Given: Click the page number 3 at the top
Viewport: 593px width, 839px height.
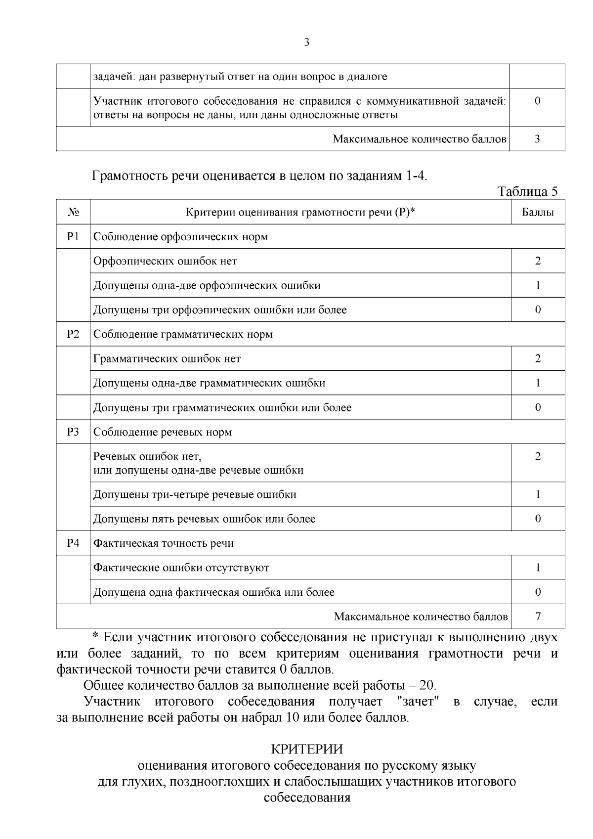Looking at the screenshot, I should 306,43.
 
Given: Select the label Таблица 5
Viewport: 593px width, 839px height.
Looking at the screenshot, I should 527,192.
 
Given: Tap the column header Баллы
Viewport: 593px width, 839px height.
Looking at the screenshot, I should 538,213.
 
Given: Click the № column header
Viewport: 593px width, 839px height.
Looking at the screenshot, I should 73,213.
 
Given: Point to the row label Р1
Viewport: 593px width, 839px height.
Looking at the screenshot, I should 73,236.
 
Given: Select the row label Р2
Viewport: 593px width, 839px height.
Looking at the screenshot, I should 73,334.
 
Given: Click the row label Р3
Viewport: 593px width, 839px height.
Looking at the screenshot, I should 73,432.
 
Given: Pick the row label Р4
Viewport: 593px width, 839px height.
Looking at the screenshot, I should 73,543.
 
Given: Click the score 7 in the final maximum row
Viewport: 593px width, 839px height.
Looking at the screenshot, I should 538,617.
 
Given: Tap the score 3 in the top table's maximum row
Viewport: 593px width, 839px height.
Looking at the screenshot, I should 538,139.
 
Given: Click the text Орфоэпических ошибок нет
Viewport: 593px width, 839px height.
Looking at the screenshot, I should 165,261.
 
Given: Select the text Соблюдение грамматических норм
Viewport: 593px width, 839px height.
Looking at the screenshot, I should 183,334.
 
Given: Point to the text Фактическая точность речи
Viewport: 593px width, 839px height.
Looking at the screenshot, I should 164,543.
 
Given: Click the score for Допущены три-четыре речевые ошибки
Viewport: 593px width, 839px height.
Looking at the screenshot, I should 538,494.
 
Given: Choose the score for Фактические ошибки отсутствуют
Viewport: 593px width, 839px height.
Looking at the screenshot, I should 538,568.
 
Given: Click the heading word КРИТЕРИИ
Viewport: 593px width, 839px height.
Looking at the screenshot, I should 306,749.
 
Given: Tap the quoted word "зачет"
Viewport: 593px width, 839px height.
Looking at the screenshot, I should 418,702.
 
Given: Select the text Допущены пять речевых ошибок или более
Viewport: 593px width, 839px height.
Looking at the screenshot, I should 204,519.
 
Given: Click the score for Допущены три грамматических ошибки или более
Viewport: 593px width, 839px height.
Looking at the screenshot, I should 538,407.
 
